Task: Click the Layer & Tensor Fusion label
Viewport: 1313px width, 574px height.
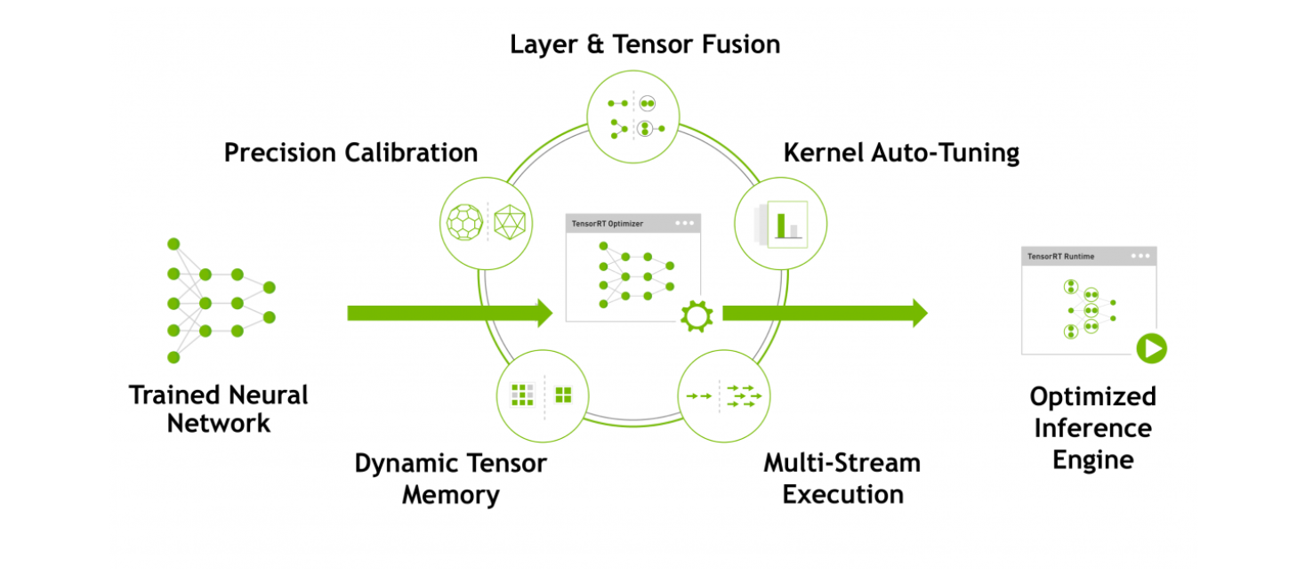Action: coord(644,44)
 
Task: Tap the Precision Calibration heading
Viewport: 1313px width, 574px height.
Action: coord(350,153)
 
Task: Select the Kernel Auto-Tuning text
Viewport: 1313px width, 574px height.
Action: coord(900,153)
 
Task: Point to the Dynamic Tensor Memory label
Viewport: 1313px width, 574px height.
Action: coord(450,478)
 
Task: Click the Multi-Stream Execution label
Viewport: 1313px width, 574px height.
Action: coord(842,478)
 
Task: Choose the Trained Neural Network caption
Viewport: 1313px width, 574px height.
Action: coord(218,409)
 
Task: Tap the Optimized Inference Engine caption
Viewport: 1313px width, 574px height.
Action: coord(1092,428)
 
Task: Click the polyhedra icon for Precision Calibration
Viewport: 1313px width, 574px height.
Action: coord(487,221)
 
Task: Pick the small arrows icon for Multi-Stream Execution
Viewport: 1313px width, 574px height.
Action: coord(724,395)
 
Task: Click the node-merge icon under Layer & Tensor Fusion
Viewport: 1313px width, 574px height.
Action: coord(633,116)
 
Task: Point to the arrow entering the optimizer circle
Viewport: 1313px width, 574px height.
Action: coord(449,313)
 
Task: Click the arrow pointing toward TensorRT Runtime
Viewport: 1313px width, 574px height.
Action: coord(824,313)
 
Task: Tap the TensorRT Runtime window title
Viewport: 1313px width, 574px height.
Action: coord(1060,257)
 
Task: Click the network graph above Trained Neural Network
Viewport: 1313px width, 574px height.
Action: coord(219,300)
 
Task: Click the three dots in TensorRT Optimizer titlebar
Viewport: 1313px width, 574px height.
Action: coord(684,224)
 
